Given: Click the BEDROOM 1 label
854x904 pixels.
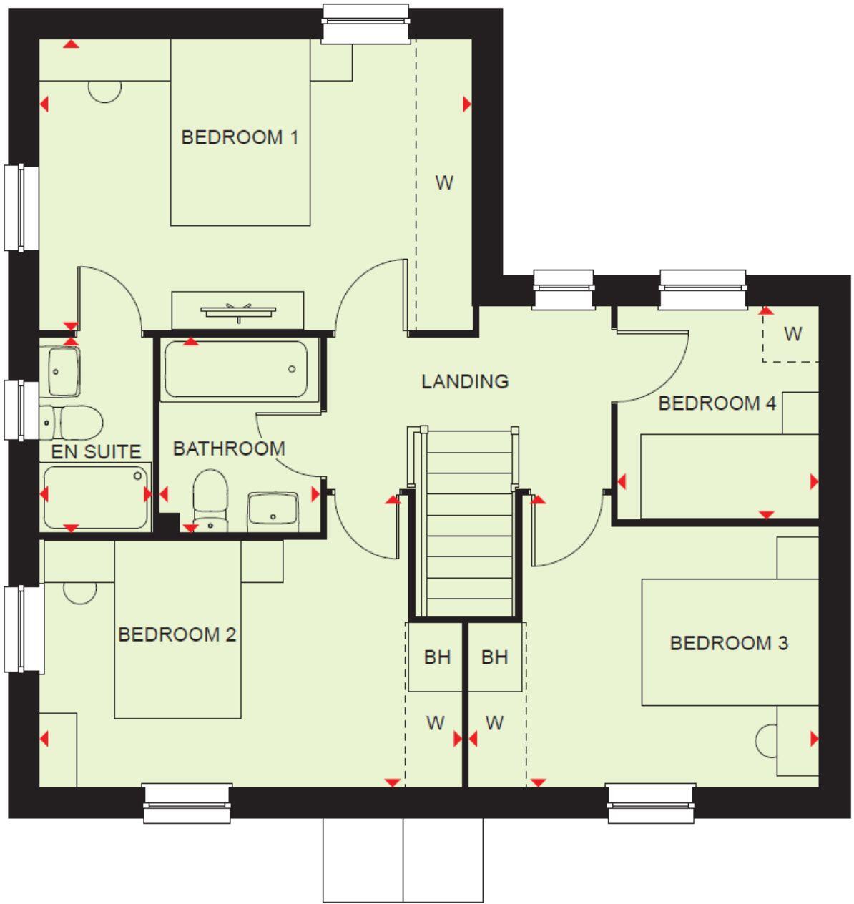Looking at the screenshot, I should [239, 137].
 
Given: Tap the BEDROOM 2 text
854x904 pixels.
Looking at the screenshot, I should [177, 634].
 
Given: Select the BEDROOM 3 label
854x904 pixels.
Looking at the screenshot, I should [728, 642].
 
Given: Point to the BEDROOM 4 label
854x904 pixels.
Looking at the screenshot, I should [717, 403].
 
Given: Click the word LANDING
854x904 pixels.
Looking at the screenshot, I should [465, 381].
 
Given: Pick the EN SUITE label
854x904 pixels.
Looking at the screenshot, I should [96, 451].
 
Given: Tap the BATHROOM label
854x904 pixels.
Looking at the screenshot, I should [229, 448].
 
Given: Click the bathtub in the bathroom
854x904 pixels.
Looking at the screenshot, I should [235, 369].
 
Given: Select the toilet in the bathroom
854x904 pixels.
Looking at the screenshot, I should [210, 499].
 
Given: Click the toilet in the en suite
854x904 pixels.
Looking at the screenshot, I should [72, 422].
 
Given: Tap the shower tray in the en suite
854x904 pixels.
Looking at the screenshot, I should [95, 496].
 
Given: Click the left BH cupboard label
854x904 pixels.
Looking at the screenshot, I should [437, 657].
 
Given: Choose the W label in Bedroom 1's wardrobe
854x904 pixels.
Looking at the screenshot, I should [444, 182].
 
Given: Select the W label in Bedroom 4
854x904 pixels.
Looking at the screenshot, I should [792, 333].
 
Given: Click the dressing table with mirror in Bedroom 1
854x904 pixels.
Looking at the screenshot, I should [237, 310].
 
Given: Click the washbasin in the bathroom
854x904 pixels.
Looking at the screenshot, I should [273, 511].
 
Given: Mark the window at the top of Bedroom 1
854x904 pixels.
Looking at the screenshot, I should [365, 23].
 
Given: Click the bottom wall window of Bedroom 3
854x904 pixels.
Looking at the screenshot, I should [651, 802].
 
